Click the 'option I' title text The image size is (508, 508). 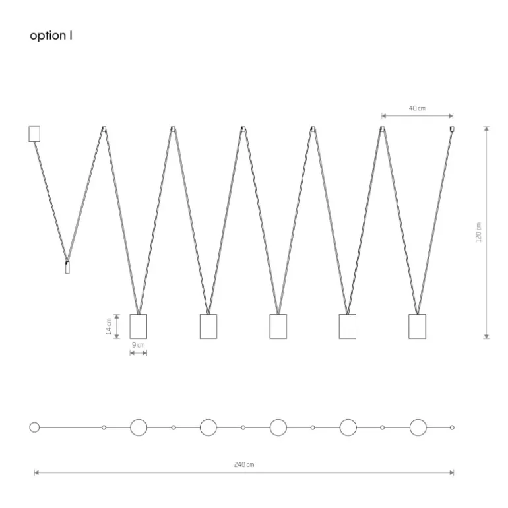(x=51, y=36)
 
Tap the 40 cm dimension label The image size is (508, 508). (x=417, y=108)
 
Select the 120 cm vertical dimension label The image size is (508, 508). (x=478, y=232)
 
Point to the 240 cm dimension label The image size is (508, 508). (x=244, y=464)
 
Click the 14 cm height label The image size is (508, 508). (x=109, y=327)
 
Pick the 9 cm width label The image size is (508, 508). (x=139, y=345)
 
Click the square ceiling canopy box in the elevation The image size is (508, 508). (x=34, y=134)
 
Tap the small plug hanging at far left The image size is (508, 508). (x=67, y=267)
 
